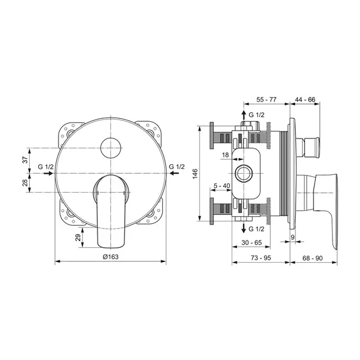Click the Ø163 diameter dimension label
(110, 257)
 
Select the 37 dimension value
(25, 159)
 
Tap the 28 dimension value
(25, 183)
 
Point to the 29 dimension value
(79, 238)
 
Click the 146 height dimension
(195, 174)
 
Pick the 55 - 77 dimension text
(266, 100)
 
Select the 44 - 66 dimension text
(305, 100)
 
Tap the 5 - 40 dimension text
(221, 186)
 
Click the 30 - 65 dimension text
(251, 242)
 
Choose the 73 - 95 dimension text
(261, 258)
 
